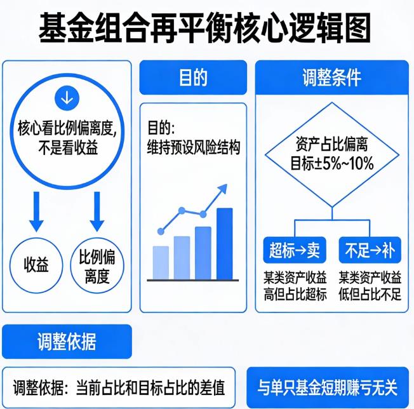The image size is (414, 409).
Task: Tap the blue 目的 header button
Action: click(192, 77)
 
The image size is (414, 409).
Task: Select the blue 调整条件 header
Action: click(331, 77)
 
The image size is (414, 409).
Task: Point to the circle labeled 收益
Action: click(36, 264)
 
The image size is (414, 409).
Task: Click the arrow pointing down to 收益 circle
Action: click(36, 211)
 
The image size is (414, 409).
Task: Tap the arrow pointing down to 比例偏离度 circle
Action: click(97, 211)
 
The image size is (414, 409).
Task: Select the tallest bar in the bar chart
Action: click(224, 243)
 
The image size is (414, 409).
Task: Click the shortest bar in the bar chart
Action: click(161, 262)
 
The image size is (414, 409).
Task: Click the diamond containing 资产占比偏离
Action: click(331, 154)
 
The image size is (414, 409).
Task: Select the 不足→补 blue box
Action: click(370, 251)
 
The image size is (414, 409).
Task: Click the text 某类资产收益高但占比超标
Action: click(295, 285)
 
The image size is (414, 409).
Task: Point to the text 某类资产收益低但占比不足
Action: click(370, 285)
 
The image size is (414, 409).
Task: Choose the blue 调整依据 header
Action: click(67, 342)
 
